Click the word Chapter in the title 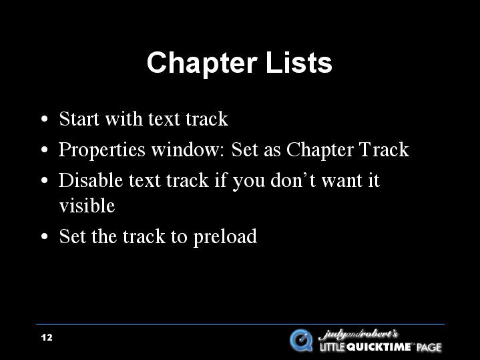(202, 63)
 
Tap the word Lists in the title (299, 62)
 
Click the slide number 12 (47, 337)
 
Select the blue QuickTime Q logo (301, 340)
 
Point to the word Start (79, 118)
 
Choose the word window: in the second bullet (188, 149)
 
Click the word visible (87, 205)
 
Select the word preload (225, 238)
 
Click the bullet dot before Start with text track (45, 119)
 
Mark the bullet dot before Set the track (45, 236)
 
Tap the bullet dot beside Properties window (45, 150)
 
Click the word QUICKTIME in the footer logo (379, 347)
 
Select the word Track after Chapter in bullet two (384, 149)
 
